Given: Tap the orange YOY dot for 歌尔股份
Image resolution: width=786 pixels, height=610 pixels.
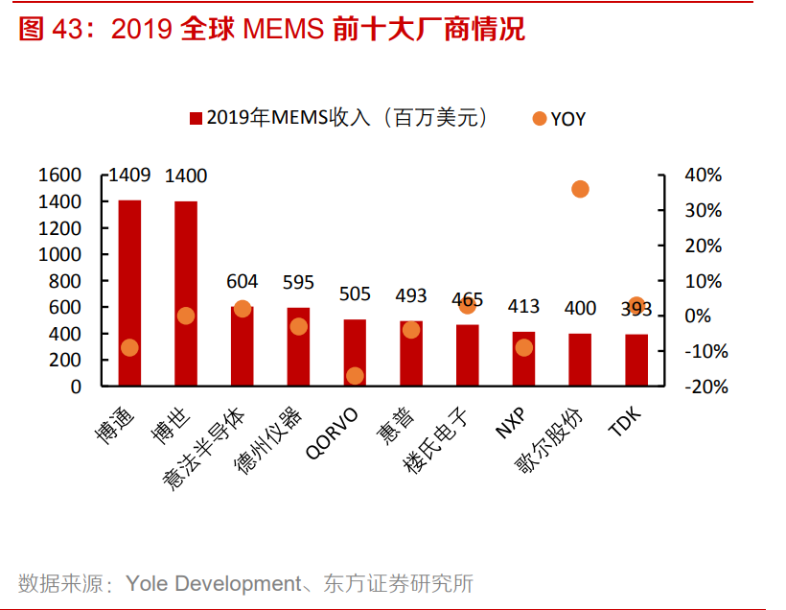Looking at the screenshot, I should (x=580, y=189).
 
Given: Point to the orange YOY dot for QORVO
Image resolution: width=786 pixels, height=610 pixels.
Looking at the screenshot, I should (x=355, y=375).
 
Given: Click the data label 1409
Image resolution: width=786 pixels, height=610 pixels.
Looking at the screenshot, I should (x=129, y=176).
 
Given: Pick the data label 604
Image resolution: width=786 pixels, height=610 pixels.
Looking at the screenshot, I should (x=242, y=281).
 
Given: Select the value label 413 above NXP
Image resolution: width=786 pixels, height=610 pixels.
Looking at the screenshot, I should (x=523, y=307).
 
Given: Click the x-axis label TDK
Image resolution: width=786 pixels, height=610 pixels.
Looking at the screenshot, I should (x=627, y=422).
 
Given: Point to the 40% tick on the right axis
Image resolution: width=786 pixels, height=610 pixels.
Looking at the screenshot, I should (x=703, y=176).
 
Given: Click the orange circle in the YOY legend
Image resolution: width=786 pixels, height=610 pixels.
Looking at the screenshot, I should (x=539, y=118).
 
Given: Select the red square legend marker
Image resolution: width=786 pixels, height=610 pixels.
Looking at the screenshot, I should (x=196, y=119).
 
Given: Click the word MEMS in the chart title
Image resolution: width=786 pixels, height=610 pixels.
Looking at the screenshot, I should (x=283, y=30).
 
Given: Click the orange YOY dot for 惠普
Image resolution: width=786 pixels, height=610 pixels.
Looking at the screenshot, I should (x=411, y=329).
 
